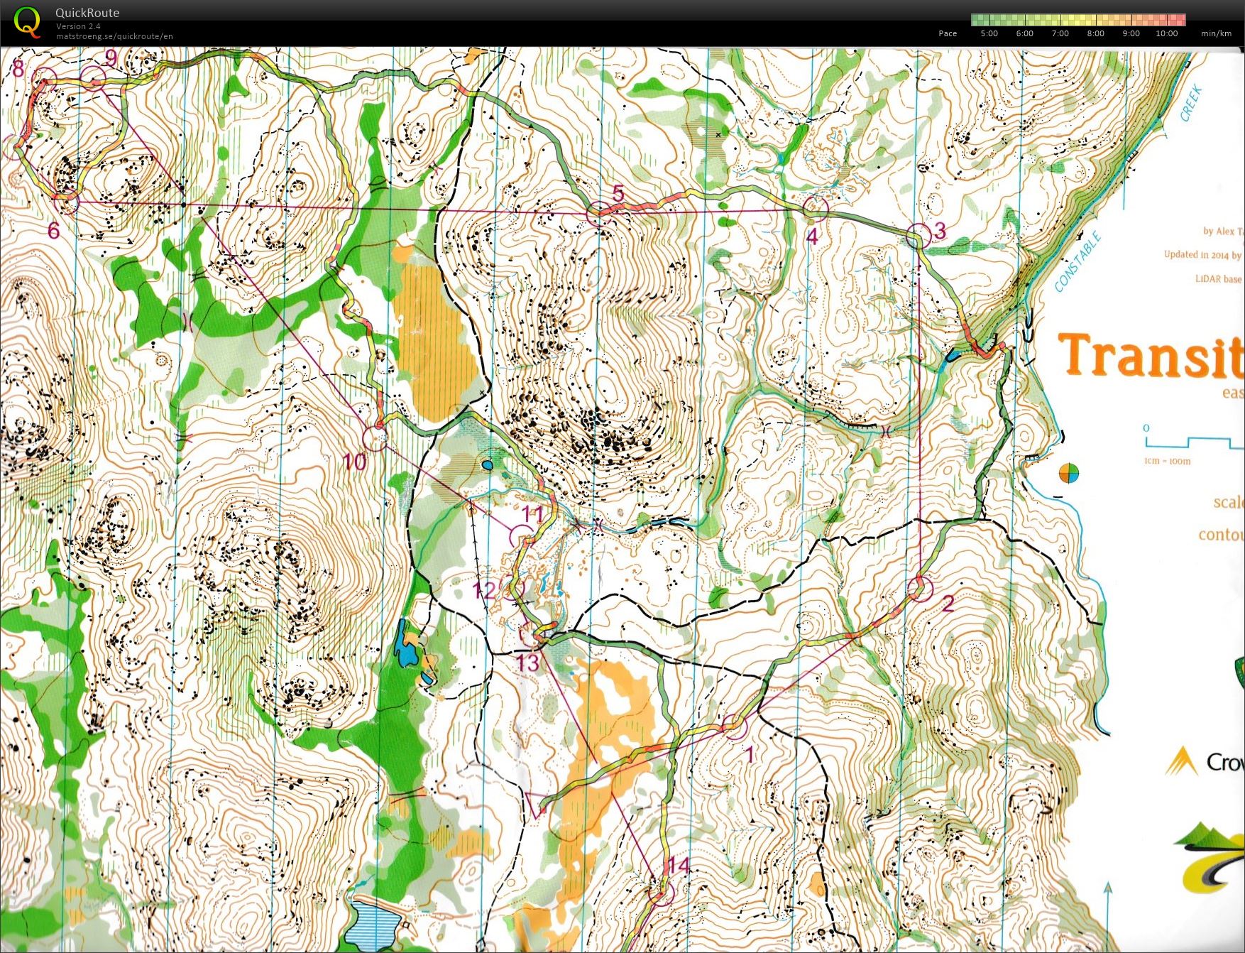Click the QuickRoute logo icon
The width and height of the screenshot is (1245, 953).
pyautogui.click(x=27, y=21)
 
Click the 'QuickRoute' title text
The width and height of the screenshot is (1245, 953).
pyautogui.click(x=87, y=13)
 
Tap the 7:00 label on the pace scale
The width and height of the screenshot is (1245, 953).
pyautogui.click(x=1060, y=33)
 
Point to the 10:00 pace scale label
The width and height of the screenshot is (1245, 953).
pyautogui.click(x=1166, y=33)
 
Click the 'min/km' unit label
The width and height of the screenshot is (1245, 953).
pyautogui.click(x=1216, y=33)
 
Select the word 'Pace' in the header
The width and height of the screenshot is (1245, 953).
pyautogui.click(x=948, y=33)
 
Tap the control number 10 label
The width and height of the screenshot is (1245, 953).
pyautogui.click(x=354, y=462)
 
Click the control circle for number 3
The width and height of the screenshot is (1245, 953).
pyautogui.click(x=918, y=235)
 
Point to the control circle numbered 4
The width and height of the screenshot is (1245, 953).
pyautogui.click(x=816, y=207)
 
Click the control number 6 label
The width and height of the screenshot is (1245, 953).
pyautogui.click(x=53, y=230)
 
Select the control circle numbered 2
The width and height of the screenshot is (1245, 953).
pyautogui.click(x=920, y=588)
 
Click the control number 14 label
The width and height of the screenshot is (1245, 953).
pyautogui.click(x=679, y=866)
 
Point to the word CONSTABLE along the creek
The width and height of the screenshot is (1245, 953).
pyautogui.click(x=1077, y=262)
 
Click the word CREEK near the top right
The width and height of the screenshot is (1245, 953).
pyautogui.click(x=1191, y=103)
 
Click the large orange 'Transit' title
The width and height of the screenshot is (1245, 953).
pyautogui.click(x=1150, y=355)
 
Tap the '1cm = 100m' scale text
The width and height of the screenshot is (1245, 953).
pyautogui.click(x=1168, y=461)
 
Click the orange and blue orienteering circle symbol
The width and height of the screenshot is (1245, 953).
pyautogui.click(x=1068, y=473)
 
